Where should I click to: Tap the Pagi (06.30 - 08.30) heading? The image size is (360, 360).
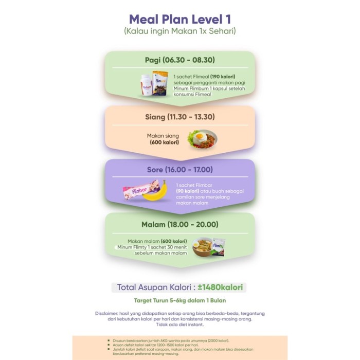[180, 60]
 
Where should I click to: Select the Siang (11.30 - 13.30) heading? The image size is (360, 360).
[180, 117]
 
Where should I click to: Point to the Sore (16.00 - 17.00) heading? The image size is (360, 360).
[180, 169]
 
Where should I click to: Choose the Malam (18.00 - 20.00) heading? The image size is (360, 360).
[180, 224]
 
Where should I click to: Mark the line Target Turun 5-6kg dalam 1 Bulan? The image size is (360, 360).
[180, 300]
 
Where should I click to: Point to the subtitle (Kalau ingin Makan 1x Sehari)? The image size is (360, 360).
[180, 32]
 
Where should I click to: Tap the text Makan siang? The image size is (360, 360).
[164, 135]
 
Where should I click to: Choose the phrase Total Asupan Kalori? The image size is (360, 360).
[152, 287]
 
